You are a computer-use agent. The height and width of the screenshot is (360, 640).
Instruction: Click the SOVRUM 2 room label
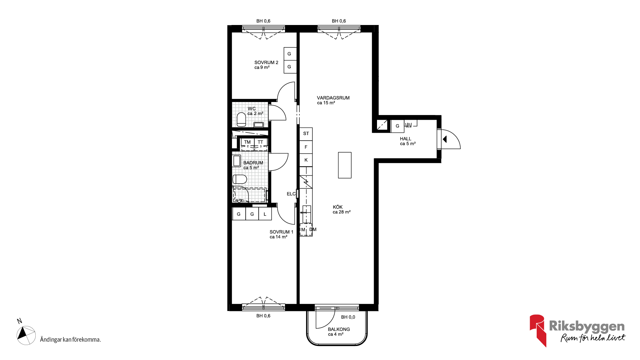pos(266,62)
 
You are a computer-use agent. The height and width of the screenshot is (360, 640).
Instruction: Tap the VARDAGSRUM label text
pos(333,98)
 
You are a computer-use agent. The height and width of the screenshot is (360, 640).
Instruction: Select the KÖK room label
pos(338,207)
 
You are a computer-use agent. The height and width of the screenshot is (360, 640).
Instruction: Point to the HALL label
pos(405,139)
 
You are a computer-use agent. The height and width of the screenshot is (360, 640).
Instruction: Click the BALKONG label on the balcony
pos(339,329)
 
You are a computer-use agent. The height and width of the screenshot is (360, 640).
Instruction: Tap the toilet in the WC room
pos(241,120)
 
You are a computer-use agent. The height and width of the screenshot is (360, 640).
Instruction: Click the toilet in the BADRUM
pos(240,179)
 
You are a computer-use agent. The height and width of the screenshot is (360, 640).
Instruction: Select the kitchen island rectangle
pos(345,165)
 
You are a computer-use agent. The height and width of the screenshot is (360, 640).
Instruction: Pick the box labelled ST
pos(306,134)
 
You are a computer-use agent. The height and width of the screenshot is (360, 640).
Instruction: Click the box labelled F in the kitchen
pos(306,147)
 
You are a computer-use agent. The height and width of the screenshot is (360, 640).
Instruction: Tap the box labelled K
pos(306,160)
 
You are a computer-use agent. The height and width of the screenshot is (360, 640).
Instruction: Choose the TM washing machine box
pos(247,142)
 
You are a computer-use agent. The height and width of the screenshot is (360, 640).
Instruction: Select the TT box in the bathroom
pos(261,142)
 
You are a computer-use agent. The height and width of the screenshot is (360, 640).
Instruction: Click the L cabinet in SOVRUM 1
pos(265,214)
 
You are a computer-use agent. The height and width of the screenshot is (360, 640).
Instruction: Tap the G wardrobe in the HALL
pos(397,126)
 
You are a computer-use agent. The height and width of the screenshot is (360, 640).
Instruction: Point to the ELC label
pos(291,194)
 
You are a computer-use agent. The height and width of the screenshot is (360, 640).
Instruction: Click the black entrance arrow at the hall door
pos(445,139)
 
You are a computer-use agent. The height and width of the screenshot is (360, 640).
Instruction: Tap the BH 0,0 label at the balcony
pos(348,317)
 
